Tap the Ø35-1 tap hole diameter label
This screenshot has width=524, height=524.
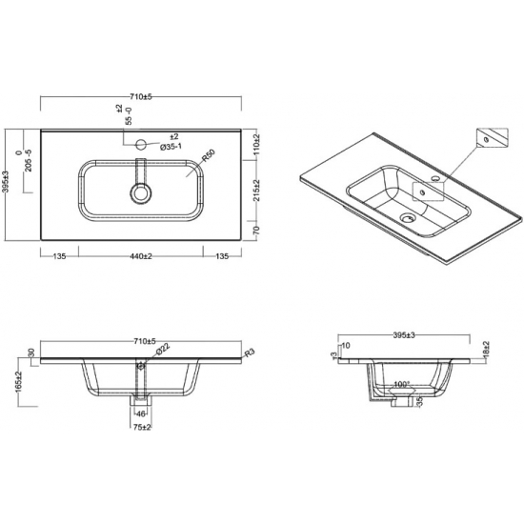tap(171, 148)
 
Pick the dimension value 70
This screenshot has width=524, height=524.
tap(256, 231)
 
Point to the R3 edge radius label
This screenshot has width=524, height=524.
tap(250, 353)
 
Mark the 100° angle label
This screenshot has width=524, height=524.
tap(402, 385)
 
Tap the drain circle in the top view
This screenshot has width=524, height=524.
tap(142, 191)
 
